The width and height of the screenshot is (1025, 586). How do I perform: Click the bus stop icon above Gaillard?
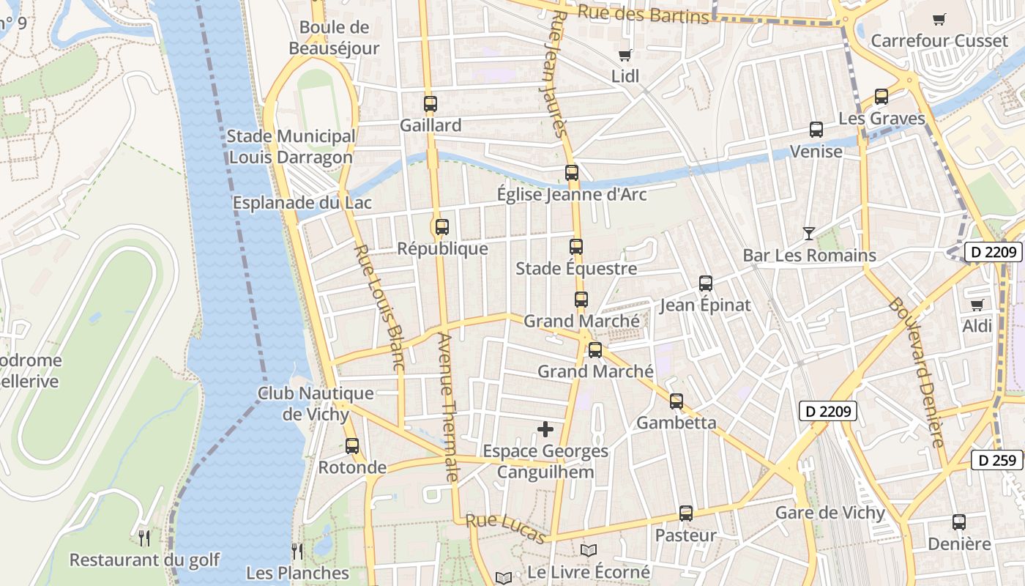click(x=430, y=104)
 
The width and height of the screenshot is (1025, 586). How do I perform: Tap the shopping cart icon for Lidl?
click(x=625, y=55)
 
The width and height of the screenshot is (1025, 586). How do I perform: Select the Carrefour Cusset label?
click(x=939, y=41)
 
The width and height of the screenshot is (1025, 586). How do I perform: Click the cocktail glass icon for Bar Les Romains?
click(x=808, y=234)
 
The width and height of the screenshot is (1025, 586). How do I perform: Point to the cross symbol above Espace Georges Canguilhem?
click(x=545, y=429)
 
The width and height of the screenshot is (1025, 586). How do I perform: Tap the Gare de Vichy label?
click(x=830, y=513)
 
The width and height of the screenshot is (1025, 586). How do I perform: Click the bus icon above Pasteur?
click(x=685, y=513)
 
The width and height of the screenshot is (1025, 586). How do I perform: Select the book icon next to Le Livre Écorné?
click(x=589, y=550)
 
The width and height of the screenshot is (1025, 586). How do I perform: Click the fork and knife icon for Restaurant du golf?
click(x=144, y=538)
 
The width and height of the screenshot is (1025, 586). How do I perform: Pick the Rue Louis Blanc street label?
click(x=379, y=308)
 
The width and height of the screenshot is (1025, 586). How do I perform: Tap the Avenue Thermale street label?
click(x=447, y=407)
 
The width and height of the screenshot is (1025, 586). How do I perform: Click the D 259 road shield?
click(x=996, y=460)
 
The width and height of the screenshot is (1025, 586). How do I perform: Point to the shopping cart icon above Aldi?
click(x=977, y=305)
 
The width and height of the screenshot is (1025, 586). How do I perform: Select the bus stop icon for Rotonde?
click(x=352, y=445)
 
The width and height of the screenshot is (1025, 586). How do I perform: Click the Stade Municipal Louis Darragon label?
click(x=291, y=146)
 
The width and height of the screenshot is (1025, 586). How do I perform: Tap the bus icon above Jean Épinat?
click(x=705, y=283)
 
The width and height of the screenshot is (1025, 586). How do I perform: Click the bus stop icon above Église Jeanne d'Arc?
click(x=571, y=173)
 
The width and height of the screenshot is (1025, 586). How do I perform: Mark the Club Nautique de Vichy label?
click(x=316, y=404)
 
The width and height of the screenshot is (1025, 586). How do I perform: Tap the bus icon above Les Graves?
click(x=881, y=97)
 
